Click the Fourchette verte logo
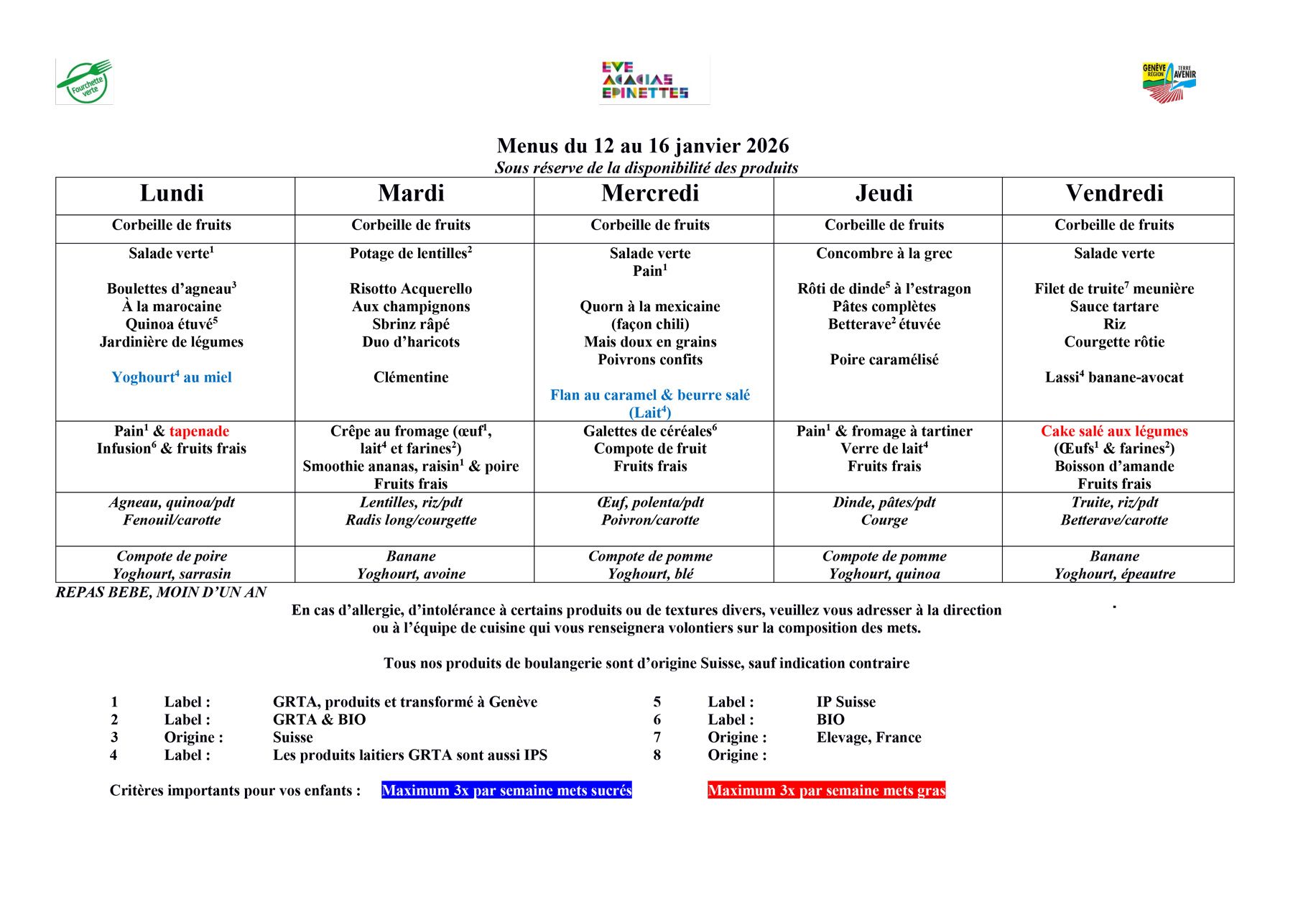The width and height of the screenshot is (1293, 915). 85,82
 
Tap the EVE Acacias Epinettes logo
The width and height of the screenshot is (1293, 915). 645,81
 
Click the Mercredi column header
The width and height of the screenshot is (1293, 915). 650,193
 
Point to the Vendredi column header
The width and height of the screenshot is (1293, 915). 1114,193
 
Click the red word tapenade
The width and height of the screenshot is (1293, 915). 199,431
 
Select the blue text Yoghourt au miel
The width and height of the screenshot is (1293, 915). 172,377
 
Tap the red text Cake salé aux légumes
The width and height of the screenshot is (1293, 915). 1114,431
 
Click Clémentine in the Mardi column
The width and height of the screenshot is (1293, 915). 411,377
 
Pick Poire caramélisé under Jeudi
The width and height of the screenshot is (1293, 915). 884,359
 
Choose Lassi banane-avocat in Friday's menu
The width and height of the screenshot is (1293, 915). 1114,377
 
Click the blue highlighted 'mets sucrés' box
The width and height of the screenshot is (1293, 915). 506,791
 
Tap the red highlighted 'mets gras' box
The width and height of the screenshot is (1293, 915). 826,791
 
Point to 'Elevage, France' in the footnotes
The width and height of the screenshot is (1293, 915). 868,737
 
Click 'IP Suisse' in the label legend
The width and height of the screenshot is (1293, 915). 846,702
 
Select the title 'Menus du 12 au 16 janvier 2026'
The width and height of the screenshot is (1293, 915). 643,146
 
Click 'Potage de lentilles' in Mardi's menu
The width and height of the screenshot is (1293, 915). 411,254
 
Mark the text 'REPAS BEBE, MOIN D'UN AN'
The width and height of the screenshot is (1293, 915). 161,592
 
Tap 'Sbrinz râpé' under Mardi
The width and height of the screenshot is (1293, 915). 411,324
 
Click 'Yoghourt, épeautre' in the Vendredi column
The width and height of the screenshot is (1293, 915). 1114,574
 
